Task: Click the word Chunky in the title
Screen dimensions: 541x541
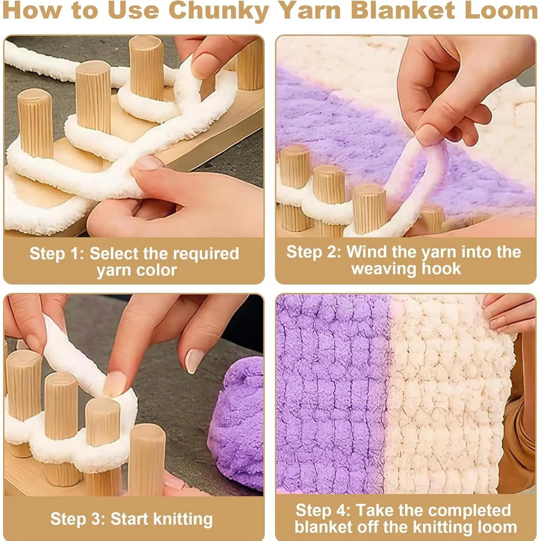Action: click(x=218, y=11)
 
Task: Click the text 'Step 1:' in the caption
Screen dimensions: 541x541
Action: click(x=56, y=253)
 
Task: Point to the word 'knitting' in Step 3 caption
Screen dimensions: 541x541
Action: click(x=183, y=519)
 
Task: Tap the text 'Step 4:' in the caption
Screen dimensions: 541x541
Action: click(x=323, y=510)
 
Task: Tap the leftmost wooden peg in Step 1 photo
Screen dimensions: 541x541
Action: click(x=35, y=123)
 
